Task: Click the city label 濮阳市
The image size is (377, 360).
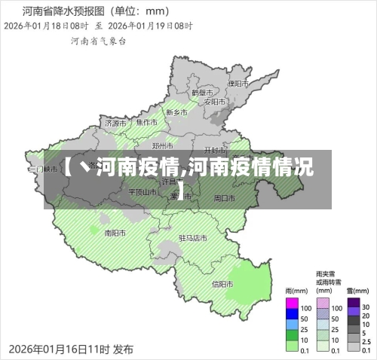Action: tap(238, 83)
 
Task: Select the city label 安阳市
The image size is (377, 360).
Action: tap(216, 101)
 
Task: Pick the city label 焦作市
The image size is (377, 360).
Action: tap(146, 122)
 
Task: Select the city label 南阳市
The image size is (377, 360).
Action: tap(115, 232)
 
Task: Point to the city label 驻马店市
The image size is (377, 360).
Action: tap(192, 237)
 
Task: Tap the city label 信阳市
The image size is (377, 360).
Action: tap(222, 284)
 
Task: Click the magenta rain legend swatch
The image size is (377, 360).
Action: tap(292, 307)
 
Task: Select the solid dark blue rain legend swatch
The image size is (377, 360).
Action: tap(292, 319)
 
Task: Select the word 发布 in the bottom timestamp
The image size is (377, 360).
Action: tap(123, 349)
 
